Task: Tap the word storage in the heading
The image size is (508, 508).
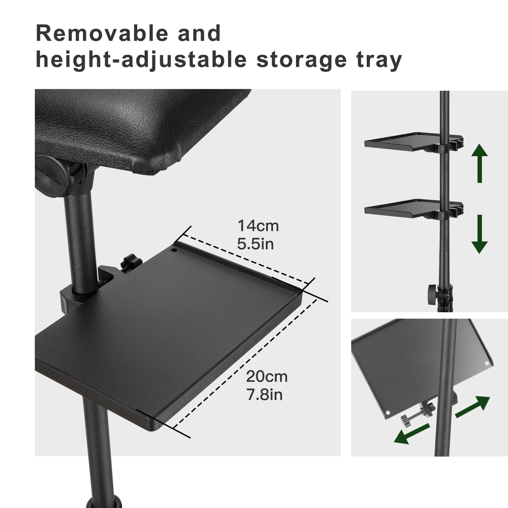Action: [302, 60]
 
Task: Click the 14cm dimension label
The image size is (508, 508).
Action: [258, 226]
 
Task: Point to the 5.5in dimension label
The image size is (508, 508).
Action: [255, 244]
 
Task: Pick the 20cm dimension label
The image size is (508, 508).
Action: [266, 377]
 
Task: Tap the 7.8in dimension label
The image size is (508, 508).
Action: [264, 395]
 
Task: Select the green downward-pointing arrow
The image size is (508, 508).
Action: [479, 234]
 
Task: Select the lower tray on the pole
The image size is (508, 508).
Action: [404, 207]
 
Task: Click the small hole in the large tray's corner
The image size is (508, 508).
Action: [173, 251]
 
